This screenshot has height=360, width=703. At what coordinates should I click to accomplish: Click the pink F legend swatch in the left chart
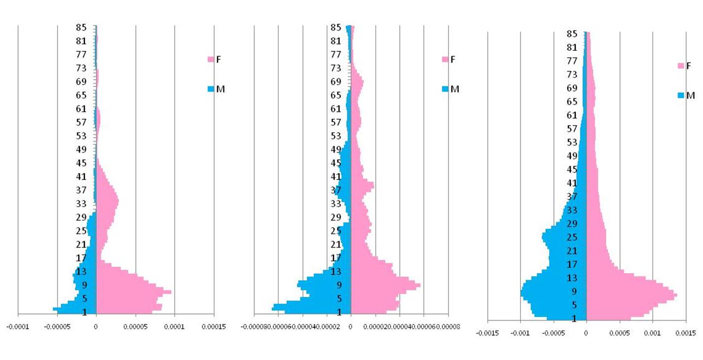click(211, 60)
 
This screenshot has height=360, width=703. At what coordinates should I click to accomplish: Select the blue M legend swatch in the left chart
click(211, 89)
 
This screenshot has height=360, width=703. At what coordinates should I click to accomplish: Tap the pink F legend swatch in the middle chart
click(445, 60)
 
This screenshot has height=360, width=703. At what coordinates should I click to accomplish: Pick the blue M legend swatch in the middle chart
click(445, 89)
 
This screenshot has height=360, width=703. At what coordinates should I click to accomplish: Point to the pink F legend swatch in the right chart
click(681, 66)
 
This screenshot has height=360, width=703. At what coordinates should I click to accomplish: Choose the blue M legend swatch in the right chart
click(681, 96)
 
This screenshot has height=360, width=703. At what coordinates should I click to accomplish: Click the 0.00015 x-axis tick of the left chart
click(214, 326)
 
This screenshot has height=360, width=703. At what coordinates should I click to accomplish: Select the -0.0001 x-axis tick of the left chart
click(18, 326)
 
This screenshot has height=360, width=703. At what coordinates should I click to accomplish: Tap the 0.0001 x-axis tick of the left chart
click(174, 326)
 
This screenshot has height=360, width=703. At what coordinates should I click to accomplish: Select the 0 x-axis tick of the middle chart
click(351, 326)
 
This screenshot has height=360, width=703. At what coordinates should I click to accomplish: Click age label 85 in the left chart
click(81, 28)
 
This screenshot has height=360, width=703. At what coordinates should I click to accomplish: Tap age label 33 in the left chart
click(81, 204)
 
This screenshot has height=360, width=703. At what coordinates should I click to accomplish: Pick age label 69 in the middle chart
click(336, 82)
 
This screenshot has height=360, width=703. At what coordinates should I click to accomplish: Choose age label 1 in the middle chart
click(339, 312)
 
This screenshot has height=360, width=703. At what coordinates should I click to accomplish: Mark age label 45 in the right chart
click(572, 170)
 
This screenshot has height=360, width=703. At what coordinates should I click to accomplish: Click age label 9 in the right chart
click(574, 291)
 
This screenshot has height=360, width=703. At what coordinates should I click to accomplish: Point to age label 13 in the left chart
click(81, 271)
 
